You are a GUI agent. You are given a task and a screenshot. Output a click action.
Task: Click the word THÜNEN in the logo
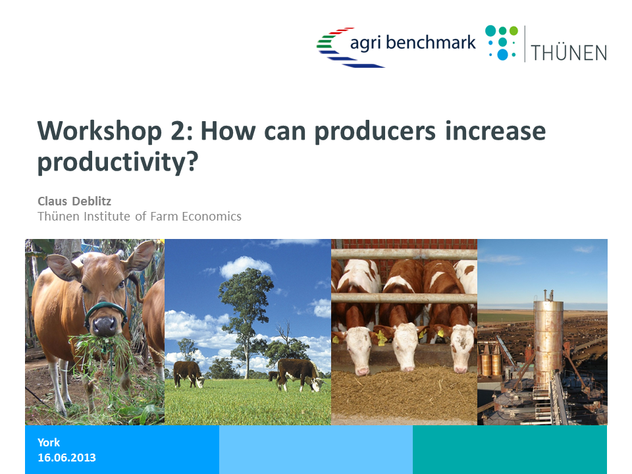tap(569, 53)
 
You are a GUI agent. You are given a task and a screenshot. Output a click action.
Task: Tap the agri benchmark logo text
tap(413, 43)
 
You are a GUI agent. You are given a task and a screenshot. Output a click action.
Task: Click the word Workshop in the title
tap(99, 132)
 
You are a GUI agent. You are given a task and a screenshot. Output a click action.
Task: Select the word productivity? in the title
tap(118, 162)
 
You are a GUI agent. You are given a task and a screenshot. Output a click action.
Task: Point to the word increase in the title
tap(495, 131)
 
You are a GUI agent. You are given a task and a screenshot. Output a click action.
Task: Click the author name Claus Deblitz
tap(74, 201)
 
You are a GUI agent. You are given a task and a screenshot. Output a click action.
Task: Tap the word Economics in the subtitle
tap(211, 217)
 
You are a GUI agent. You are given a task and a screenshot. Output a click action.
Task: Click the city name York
tap(49, 442)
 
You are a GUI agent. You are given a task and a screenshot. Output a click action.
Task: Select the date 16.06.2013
tap(67, 458)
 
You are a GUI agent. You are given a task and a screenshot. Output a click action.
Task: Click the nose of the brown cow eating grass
tap(105, 325)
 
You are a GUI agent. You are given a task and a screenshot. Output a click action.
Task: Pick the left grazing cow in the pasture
tap(188, 374)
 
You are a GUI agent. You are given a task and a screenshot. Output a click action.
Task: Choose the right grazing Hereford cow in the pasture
tap(300, 374)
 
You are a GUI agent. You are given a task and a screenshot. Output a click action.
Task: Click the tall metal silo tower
tap(548, 342)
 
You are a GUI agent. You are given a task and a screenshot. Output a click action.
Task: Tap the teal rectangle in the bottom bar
tap(510, 450)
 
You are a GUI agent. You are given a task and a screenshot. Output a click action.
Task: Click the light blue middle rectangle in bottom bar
tap(316, 450)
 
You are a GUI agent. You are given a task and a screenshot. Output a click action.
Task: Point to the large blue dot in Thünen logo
tap(502, 55)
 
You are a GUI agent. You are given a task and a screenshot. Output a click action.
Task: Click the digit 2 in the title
tap(177, 132)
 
